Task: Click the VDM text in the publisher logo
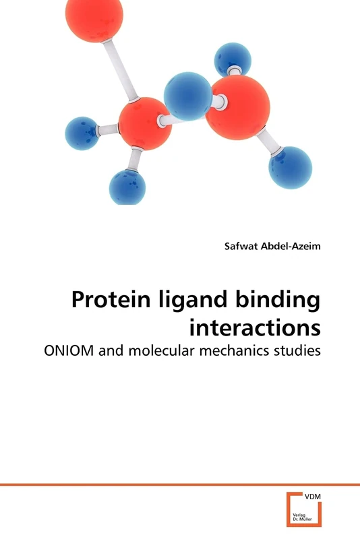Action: pyautogui.click(x=313, y=497)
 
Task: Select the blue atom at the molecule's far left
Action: pyautogui.click(x=82, y=133)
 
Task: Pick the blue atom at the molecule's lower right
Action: pyautogui.click(x=290, y=167)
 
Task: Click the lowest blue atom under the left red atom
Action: pyautogui.click(x=127, y=187)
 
